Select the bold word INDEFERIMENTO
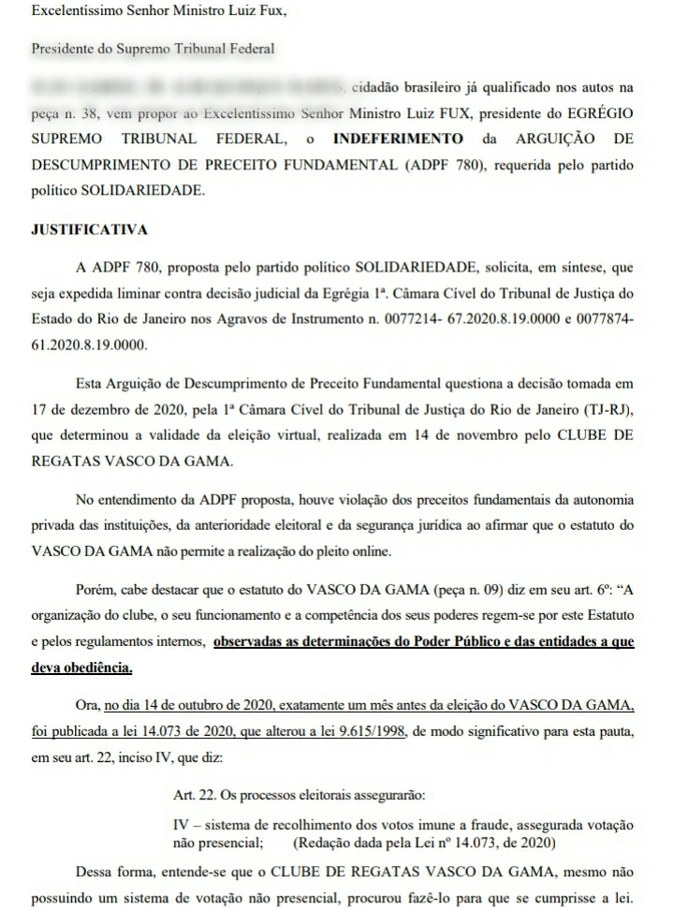(x=398, y=139)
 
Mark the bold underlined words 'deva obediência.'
(x=81, y=667)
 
